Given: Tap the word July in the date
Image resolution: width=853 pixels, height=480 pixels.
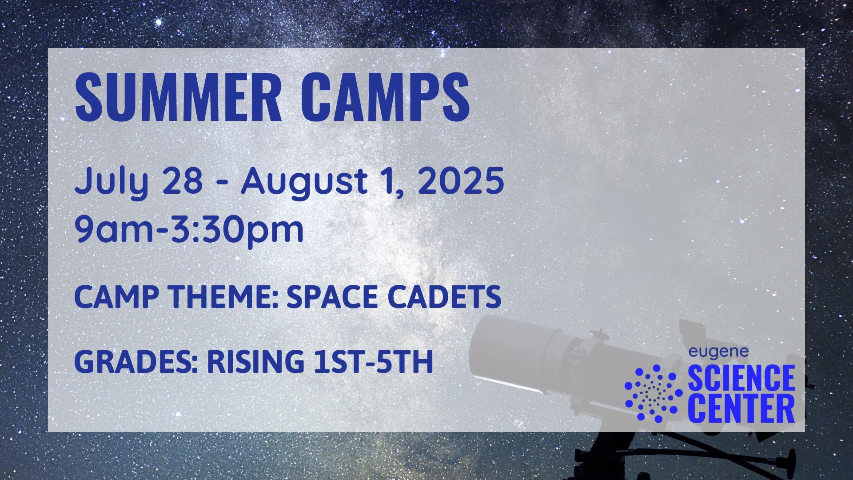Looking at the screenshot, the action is pos(111,181).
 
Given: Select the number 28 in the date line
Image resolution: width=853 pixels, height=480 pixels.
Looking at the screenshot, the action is pos(182,180).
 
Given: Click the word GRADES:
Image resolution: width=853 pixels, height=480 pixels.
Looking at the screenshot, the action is pos(136,361).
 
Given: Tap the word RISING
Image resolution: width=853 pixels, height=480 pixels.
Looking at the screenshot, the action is pos(255,361).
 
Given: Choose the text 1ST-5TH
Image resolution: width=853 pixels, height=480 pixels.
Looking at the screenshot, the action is pos(373,361).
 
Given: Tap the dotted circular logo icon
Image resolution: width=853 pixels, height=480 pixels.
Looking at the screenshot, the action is pos(654,393).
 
